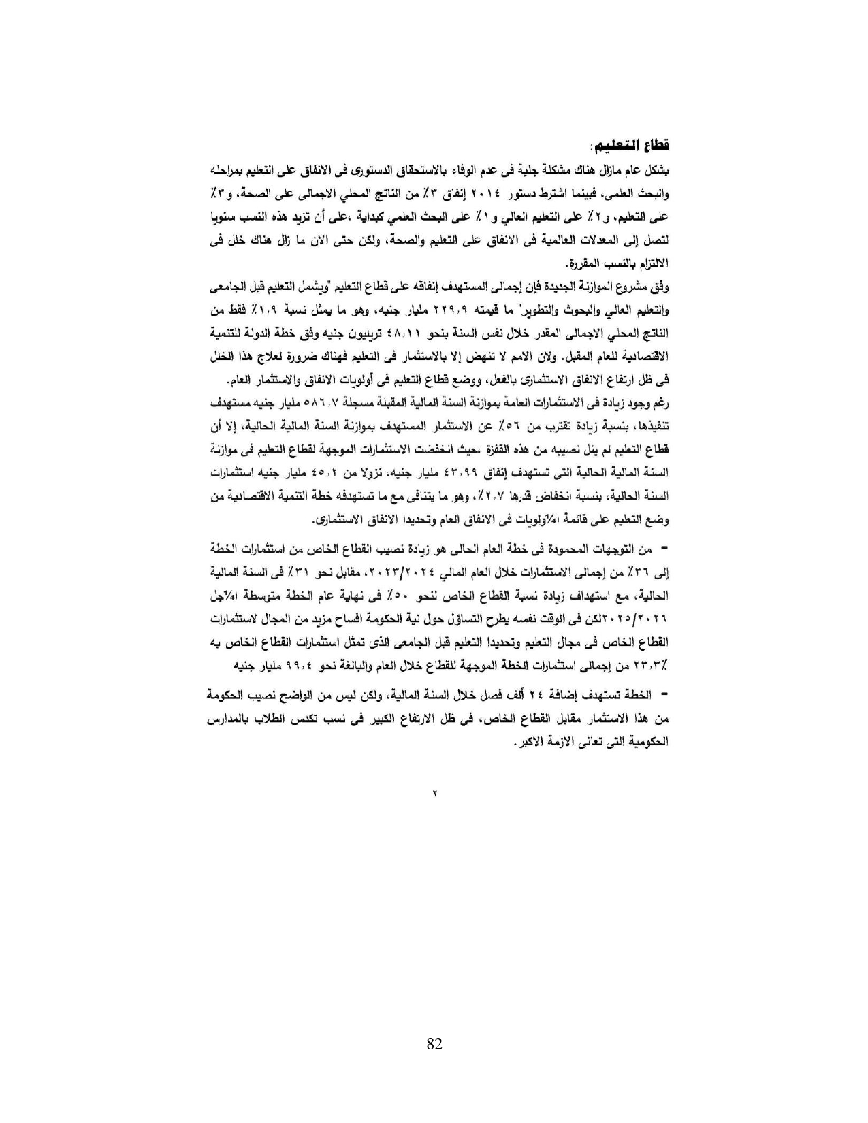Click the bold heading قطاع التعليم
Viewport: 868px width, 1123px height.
pyautogui.click(x=630, y=146)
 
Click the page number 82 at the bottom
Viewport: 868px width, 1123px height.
pyautogui.click(x=434, y=1045)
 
